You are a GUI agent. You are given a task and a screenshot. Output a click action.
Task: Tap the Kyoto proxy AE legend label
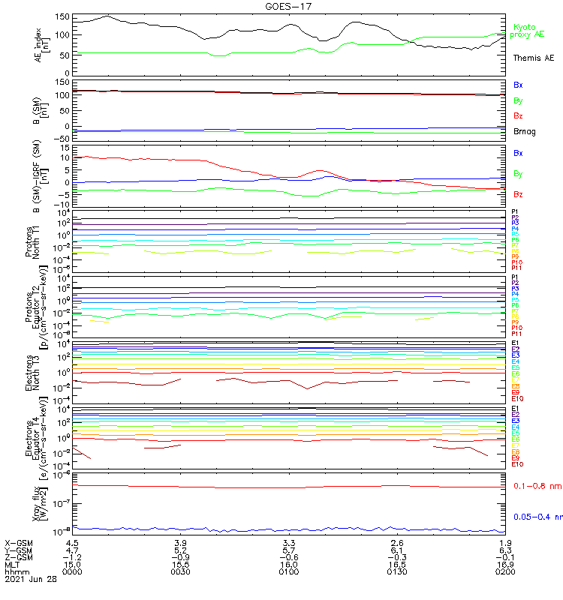pos(528,31)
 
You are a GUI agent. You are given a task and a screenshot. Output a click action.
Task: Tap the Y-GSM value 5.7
pos(289,550)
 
